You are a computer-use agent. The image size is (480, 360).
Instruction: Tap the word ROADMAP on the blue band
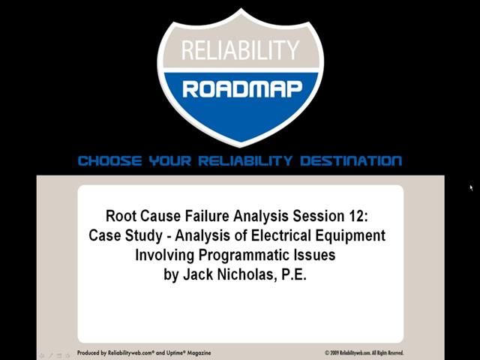coord(241,89)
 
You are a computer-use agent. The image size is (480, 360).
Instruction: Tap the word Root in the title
coord(121,216)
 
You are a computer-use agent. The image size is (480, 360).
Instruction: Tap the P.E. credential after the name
coord(294,274)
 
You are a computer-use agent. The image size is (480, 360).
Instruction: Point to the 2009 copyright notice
coord(364,352)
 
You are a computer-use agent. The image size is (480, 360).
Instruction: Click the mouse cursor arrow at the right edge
coord(471,187)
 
